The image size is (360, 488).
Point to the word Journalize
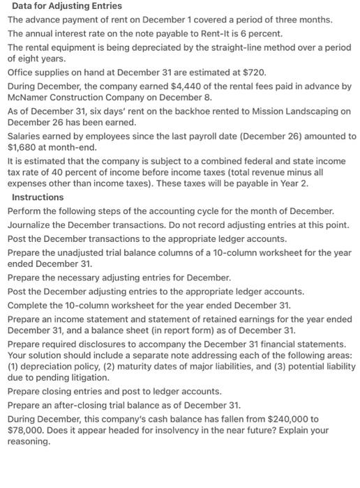pyautogui.click(x=31, y=224)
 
